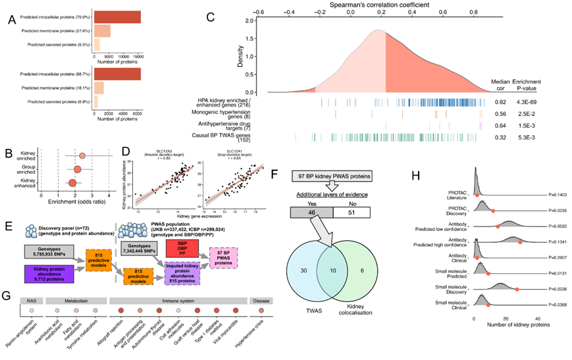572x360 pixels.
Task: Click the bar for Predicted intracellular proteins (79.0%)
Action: point(117,16)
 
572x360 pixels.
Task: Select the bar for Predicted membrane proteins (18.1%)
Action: point(99,88)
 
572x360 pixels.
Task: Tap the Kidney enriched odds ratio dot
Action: point(82,156)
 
